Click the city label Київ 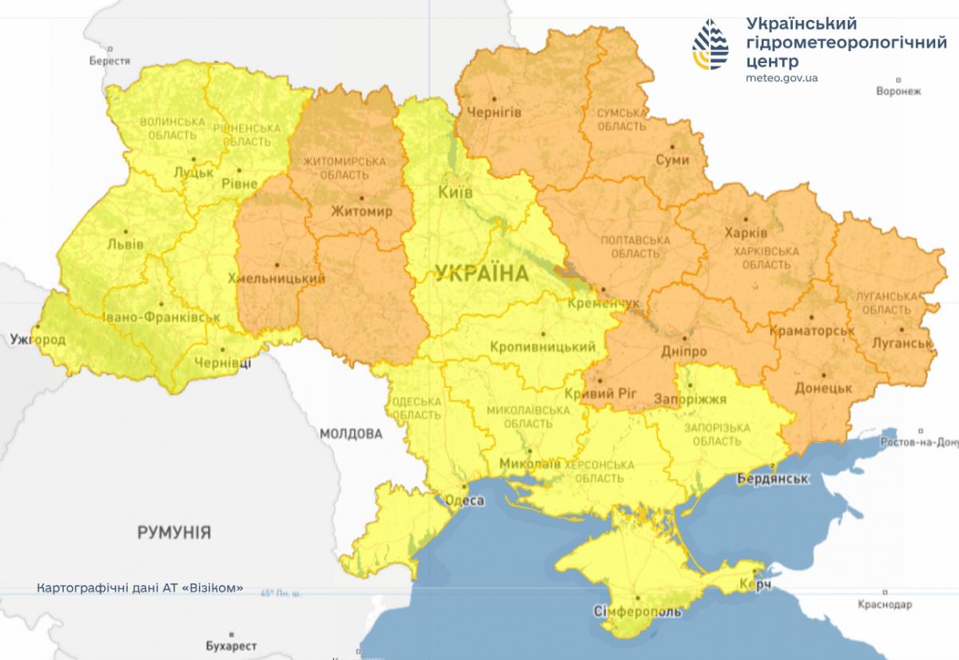tap(456, 193)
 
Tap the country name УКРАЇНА tap(482, 274)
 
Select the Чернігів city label tap(493, 113)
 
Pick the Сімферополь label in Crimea tap(638, 611)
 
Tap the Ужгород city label tap(38, 340)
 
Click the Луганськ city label tap(903, 344)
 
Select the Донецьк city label tap(824, 388)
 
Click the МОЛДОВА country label tap(351, 434)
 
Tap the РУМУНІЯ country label tap(174, 532)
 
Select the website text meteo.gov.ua tap(781, 78)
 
